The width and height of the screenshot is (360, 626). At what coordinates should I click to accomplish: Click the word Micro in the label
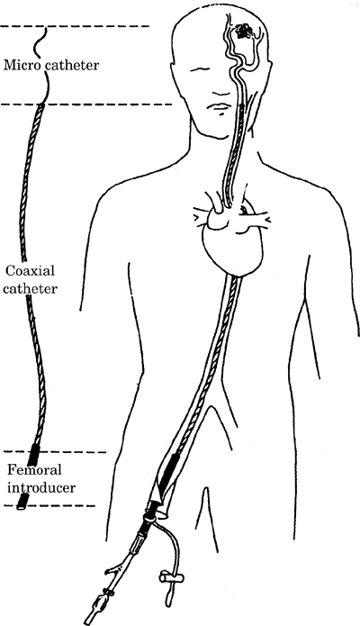pos(22,64)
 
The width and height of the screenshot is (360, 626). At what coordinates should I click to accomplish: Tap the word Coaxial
pos(30,271)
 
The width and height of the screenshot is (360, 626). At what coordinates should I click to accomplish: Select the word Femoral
pos(35,469)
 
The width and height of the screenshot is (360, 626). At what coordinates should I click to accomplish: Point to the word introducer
pos(41,487)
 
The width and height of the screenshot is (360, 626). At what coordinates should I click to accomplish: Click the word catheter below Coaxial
pos(30,288)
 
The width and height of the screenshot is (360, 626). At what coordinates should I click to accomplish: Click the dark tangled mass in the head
pos(244,31)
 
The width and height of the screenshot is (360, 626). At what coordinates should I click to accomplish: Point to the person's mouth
pos(219,107)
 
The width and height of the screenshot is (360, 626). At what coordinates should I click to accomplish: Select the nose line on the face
pos(220,95)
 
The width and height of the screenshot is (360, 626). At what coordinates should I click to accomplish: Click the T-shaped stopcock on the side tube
pos(170,576)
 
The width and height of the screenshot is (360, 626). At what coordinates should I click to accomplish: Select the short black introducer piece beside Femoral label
pos(22,501)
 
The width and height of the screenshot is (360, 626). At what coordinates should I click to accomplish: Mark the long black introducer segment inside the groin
pos(168,475)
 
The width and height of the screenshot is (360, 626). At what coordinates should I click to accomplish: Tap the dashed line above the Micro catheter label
pos(74,26)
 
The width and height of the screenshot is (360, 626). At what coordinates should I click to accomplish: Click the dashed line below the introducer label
pos(49,506)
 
